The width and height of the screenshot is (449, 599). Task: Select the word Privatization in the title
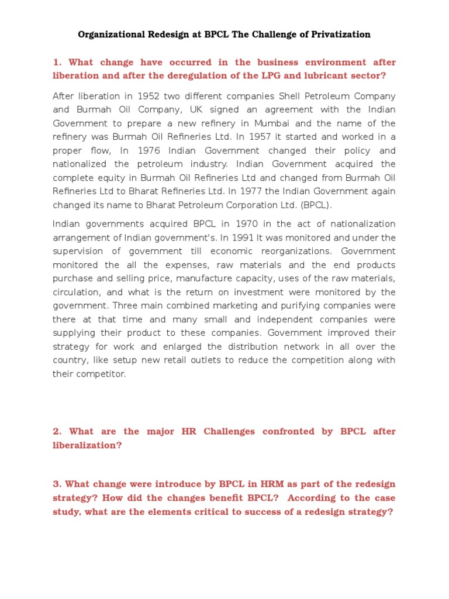pos(339,35)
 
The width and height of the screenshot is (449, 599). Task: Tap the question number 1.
pos(56,62)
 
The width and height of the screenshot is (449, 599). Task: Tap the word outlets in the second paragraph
pos(201,360)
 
